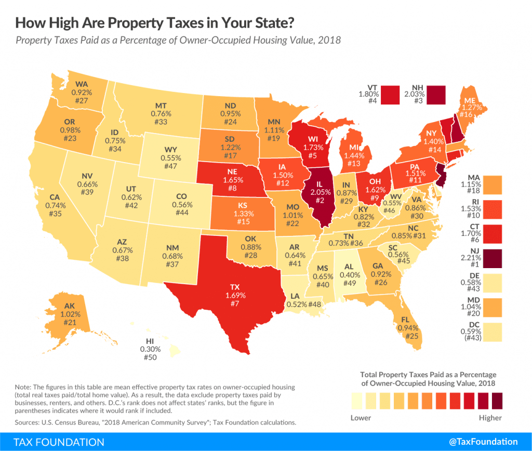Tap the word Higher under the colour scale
[490, 417]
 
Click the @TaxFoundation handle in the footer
[483, 442]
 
